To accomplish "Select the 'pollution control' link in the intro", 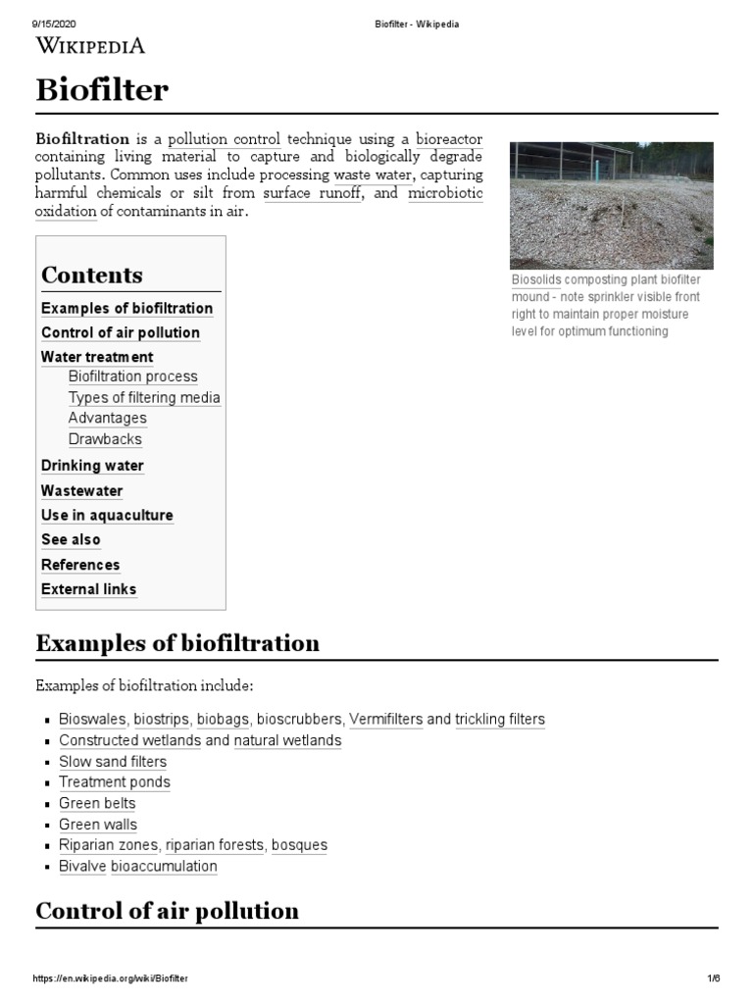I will (225, 139).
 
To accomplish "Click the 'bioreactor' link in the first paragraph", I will (448, 139).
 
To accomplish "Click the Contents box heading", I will (92, 275).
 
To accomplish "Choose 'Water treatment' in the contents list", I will (97, 357).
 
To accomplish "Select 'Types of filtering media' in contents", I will (144, 397).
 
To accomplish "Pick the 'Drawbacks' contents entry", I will (105, 439).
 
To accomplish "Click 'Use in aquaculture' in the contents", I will (107, 515).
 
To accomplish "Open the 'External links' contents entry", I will (89, 589).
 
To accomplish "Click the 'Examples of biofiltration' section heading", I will (177, 643).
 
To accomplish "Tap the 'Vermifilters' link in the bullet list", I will (385, 719).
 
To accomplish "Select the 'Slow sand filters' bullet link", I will (113, 761).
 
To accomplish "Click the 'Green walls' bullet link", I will (98, 825).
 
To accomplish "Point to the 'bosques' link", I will (299, 845).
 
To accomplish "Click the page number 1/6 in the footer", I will (713, 979).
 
